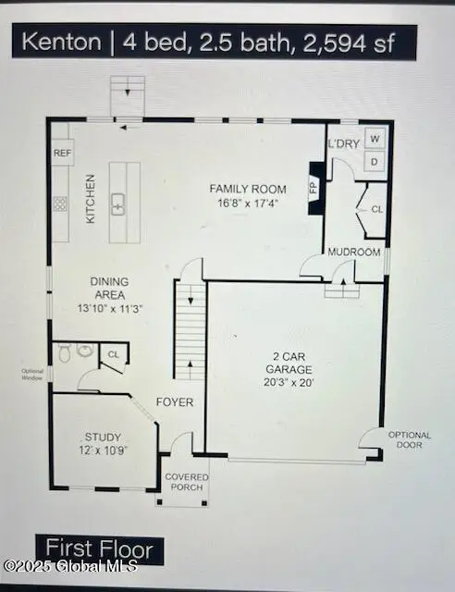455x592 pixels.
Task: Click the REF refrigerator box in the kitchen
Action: point(62,153)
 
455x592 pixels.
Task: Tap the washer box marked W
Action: point(375,139)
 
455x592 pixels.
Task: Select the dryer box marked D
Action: point(375,162)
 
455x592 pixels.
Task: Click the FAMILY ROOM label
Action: point(248,188)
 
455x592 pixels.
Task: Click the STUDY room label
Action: point(103,438)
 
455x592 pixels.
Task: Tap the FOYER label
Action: point(174,402)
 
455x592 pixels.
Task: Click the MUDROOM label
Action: point(355,253)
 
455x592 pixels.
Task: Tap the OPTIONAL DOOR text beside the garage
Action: point(410,440)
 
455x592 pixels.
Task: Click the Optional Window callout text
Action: point(32,376)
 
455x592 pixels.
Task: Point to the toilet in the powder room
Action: point(64,352)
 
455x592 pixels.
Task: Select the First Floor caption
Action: point(100,549)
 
